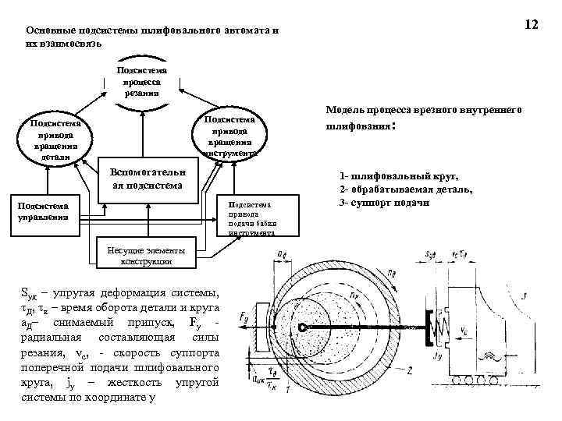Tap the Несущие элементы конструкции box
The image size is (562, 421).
[143, 255]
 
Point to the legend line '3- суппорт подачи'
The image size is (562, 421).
[384, 203]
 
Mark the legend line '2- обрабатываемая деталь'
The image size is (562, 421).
[405, 190]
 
